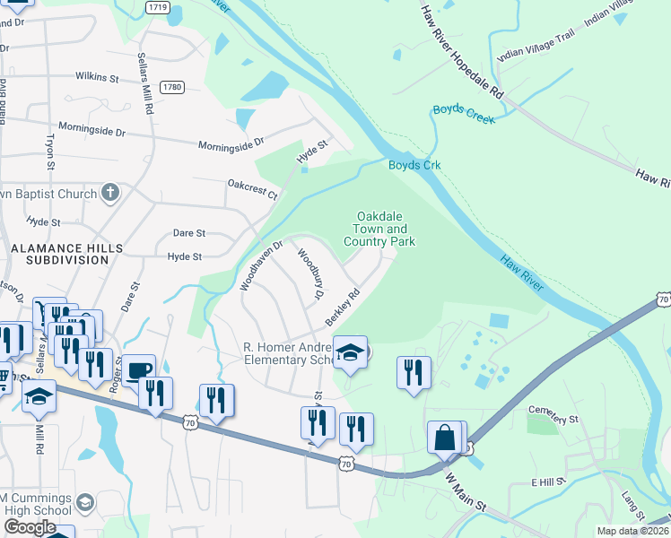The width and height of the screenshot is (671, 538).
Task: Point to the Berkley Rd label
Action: tap(342, 308)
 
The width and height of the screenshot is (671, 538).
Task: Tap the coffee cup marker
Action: tap(138, 371)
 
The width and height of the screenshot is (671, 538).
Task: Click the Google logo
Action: tap(30, 527)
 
